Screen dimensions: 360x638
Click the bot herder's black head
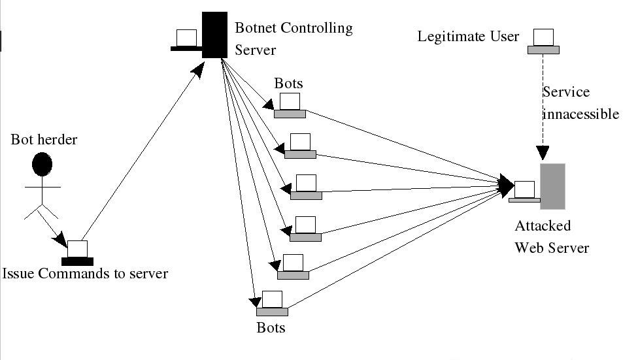[42, 164]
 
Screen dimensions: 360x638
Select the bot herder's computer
[77, 252]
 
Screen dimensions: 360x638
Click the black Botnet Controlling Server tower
[214, 35]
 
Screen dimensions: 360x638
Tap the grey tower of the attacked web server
[552, 186]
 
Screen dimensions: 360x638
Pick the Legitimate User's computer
[544, 41]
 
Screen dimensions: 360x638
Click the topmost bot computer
[290, 105]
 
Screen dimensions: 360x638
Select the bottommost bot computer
[272, 302]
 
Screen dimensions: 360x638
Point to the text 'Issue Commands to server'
[85, 273]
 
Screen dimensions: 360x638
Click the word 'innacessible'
[580, 114]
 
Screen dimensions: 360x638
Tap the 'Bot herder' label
[44, 139]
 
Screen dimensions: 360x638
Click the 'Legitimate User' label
[468, 36]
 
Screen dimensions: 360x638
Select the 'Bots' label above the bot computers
[288, 84]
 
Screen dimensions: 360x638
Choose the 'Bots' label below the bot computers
[271, 327]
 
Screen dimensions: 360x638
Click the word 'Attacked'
[543, 226]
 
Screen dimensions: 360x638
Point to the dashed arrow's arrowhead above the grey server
[544, 153]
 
